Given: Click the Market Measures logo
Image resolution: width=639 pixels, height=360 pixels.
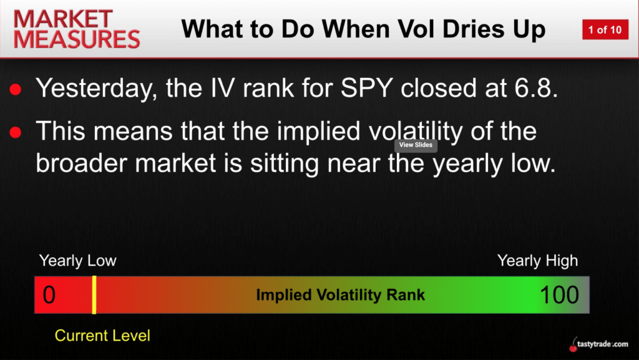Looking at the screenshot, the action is pyautogui.click(x=77, y=29).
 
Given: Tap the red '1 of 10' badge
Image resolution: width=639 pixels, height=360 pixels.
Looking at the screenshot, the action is pyautogui.click(x=605, y=30).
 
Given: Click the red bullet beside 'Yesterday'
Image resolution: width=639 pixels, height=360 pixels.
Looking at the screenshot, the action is pyautogui.click(x=16, y=90).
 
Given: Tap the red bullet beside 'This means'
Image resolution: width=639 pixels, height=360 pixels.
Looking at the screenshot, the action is pyautogui.click(x=16, y=132).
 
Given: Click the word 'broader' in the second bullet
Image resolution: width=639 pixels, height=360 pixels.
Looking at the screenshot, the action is pyautogui.click(x=82, y=163).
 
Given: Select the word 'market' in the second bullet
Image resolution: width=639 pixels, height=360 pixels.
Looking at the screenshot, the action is pyautogui.click(x=175, y=163).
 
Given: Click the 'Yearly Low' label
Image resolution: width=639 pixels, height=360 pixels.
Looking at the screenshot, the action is pyautogui.click(x=78, y=261).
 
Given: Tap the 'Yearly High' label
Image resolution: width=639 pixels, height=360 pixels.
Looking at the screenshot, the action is pyautogui.click(x=537, y=261).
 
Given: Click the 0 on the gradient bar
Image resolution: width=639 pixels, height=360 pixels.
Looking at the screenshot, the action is pyautogui.click(x=49, y=295).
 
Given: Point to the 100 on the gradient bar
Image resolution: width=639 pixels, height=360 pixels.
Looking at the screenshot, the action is pyautogui.click(x=560, y=295).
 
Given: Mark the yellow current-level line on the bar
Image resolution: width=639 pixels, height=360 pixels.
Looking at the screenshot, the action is pyautogui.click(x=94, y=295).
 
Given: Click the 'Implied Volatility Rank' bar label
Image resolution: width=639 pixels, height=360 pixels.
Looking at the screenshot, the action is pyautogui.click(x=340, y=295).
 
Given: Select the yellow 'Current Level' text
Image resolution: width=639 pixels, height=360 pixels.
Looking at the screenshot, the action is pyautogui.click(x=102, y=336).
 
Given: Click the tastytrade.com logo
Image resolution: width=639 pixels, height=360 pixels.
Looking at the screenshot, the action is pyautogui.click(x=598, y=344).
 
